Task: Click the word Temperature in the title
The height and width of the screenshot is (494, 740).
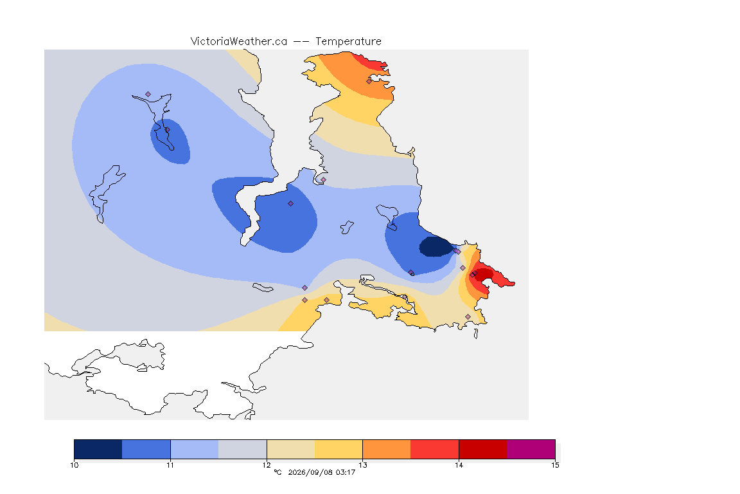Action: [x=348, y=42]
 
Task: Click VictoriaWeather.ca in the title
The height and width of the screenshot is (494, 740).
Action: [x=239, y=42]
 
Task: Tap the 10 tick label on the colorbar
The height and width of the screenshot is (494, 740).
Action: [x=74, y=465]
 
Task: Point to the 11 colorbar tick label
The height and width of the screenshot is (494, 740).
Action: [x=170, y=465]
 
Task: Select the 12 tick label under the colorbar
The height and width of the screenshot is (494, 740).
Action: [x=267, y=465]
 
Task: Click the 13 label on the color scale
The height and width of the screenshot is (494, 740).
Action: [x=362, y=465]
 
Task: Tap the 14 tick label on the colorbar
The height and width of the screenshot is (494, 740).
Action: [x=459, y=465]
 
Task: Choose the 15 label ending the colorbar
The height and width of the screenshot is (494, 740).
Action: [x=555, y=465]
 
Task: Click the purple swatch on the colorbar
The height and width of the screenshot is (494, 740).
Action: [x=531, y=449]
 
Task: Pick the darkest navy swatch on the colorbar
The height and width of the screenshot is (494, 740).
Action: [x=98, y=449]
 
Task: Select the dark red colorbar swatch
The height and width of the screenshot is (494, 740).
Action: [x=483, y=449]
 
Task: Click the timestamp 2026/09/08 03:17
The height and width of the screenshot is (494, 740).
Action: [x=321, y=472]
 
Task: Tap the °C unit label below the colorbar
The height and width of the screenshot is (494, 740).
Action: [x=277, y=472]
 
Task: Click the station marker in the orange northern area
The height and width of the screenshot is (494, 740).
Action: [x=369, y=81]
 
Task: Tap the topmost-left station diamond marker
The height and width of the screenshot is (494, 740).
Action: [x=148, y=95]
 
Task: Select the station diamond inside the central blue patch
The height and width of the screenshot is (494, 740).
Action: [x=291, y=204]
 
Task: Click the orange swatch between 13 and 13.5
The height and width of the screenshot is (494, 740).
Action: [x=387, y=449]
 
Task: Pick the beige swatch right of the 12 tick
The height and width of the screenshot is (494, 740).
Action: [x=291, y=449]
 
